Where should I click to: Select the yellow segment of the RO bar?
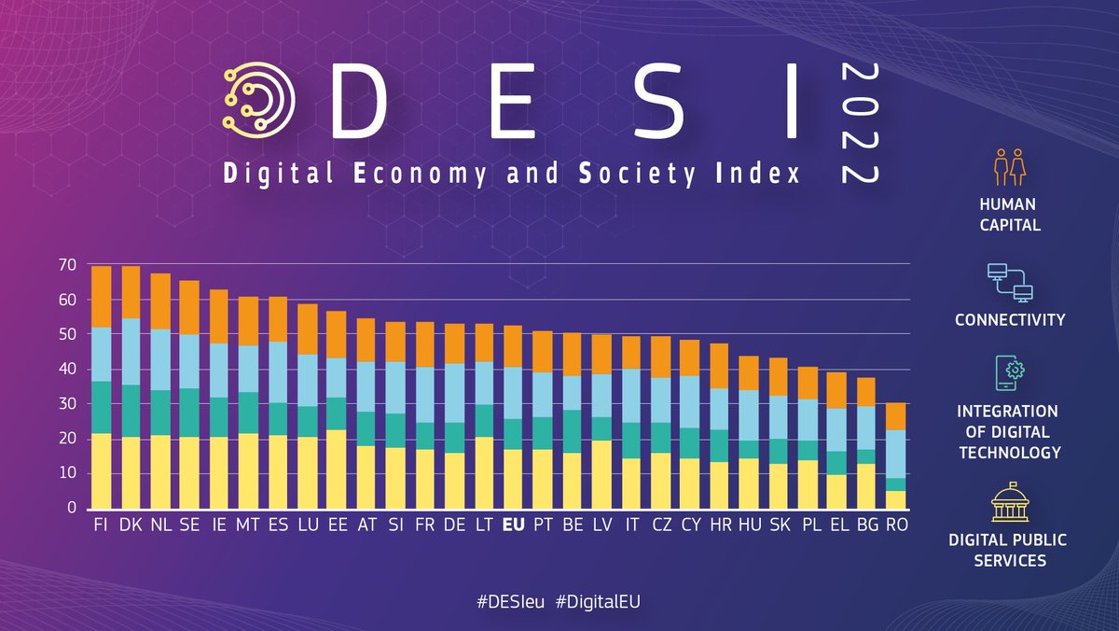tap(895, 499)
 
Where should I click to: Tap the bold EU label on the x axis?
tap(513, 526)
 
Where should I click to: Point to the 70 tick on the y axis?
tap(66, 265)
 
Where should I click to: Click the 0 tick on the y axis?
tap(70, 508)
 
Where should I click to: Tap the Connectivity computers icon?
tap(1010, 283)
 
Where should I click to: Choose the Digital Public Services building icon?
tap(1009, 504)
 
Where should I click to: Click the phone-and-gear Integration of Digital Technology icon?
tap(1009, 374)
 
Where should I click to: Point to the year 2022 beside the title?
tap(859, 122)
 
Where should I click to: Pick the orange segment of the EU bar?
tap(513, 346)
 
